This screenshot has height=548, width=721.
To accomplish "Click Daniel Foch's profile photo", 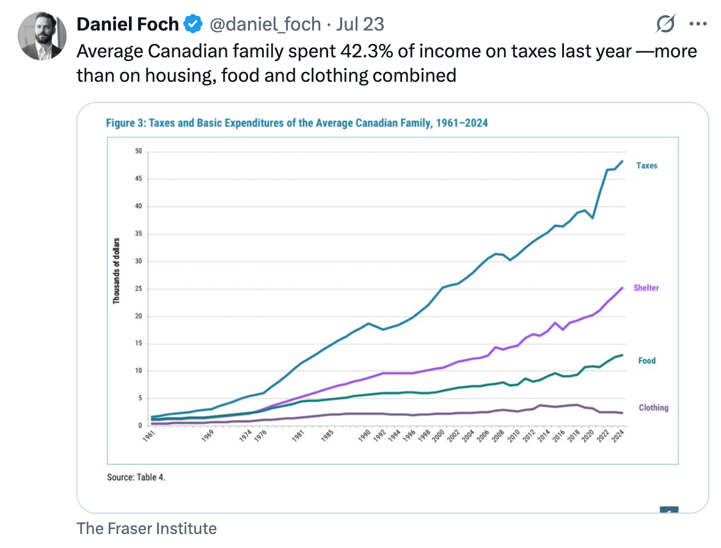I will click(41, 35).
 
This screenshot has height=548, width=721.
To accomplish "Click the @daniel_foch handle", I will click(265, 24).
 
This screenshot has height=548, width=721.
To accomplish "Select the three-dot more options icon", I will click(697, 24).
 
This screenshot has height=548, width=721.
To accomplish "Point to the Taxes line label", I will click(646, 165).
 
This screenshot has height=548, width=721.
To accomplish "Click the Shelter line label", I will click(646, 287).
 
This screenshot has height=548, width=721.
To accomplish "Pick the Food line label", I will click(646, 361).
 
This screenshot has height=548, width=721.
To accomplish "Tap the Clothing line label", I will click(653, 408).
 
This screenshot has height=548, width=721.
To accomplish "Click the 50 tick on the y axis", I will click(138, 151).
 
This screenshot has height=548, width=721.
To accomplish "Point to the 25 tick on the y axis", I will click(138, 289).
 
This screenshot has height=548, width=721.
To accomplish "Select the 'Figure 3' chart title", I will click(297, 123).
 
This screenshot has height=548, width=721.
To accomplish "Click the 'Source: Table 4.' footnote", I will click(136, 477).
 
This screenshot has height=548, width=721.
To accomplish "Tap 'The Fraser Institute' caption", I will click(147, 528).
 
